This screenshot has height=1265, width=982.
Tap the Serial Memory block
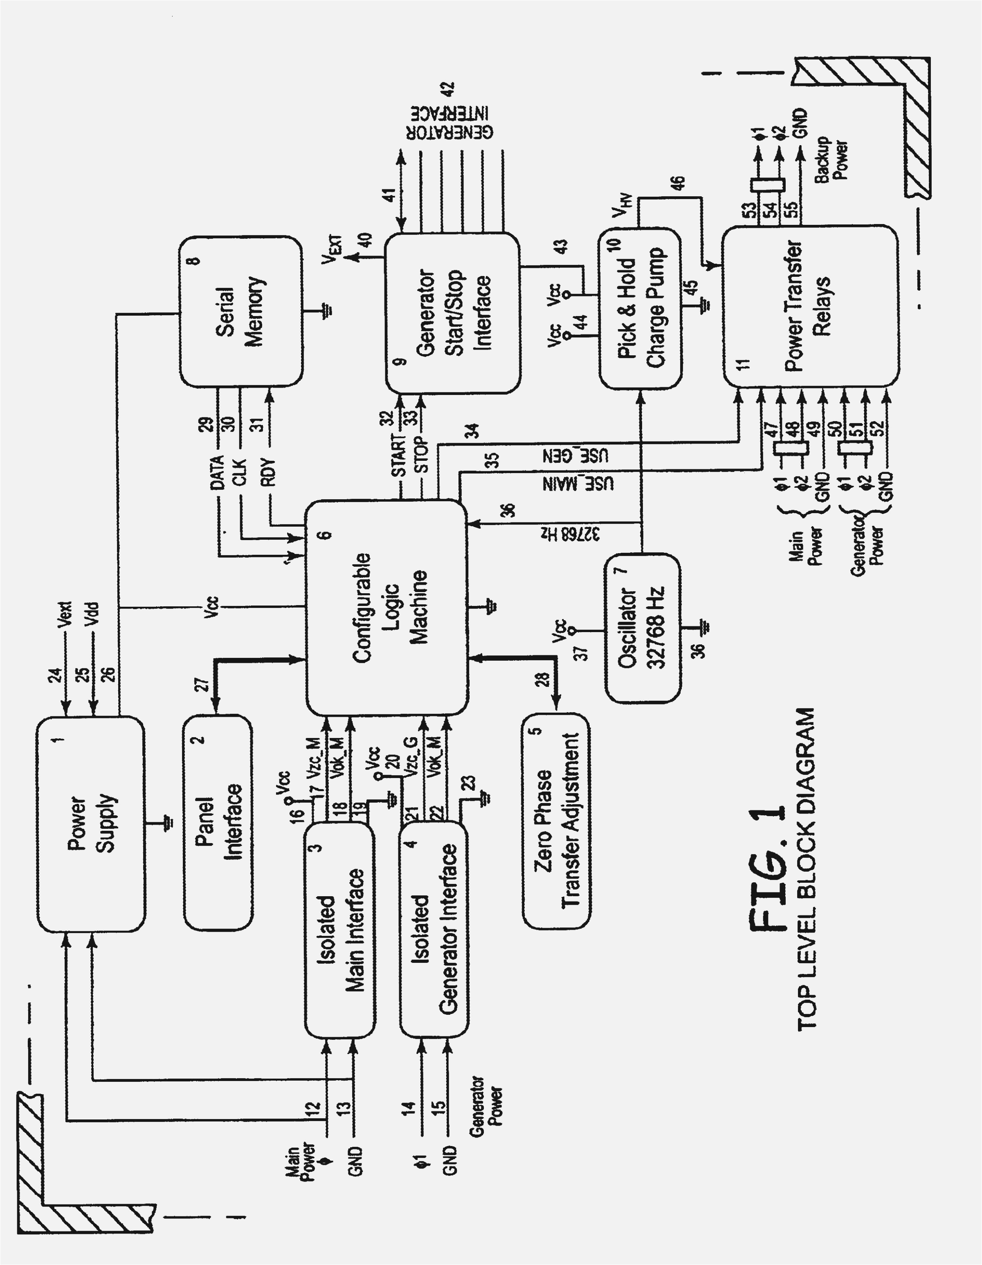click(x=240, y=312)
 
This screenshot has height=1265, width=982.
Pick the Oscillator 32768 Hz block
click(x=643, y=628)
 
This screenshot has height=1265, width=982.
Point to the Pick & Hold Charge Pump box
click(x=640, y=309)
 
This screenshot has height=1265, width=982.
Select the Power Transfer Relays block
click(x=810, y=306)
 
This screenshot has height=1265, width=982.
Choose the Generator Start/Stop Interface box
click(x=452, y=313)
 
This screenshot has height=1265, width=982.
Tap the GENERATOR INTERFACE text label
click(x=449, y=122)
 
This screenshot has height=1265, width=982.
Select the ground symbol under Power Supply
click(x=167, y=823)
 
